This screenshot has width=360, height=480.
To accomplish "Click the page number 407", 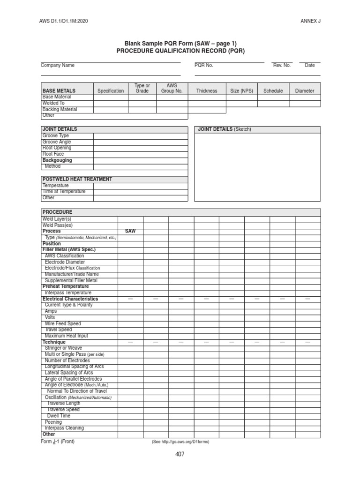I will pos(180,454).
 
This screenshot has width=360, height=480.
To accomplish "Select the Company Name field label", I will pos(58,66).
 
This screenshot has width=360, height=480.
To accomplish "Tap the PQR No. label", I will pos(204,66).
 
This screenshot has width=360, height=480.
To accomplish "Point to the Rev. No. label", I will pos(282,66).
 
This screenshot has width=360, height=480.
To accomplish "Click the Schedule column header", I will pos(273,91).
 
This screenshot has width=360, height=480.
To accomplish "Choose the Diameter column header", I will pos(305,91).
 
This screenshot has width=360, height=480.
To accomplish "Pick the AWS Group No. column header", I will pos(172,88).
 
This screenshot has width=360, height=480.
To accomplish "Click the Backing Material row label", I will pos(60,109).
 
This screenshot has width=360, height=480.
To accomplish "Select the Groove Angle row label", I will pos(57,142).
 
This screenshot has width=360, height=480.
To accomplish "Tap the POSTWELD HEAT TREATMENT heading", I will pos(77,179).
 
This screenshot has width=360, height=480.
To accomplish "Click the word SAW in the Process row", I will pos(130,232).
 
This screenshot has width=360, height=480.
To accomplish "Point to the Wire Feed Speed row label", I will pos(63,323).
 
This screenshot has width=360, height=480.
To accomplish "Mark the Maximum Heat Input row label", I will pos(66,336).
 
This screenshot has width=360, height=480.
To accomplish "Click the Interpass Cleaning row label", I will pos(64,428).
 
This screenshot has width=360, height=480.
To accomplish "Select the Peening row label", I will pos(53,422).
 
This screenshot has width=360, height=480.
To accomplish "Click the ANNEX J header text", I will pos(310,21).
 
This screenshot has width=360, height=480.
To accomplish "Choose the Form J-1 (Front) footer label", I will pos(58,442).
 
